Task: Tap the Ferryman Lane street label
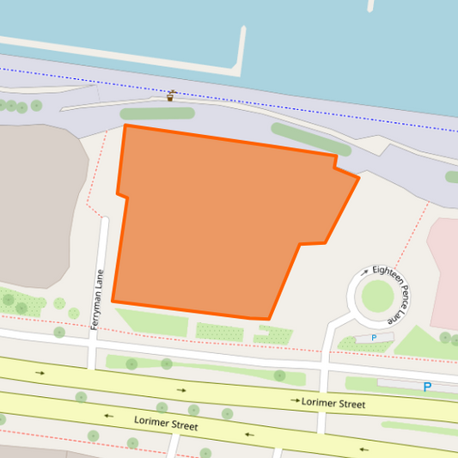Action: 97,295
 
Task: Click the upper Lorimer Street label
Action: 333,403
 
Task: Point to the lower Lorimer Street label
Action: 166,424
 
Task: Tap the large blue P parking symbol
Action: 427,388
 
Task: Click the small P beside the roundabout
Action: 374,338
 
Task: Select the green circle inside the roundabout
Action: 377,296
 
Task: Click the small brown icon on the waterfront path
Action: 171,95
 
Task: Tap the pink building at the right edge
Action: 444,271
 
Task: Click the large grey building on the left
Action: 39,206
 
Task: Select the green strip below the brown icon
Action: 157,113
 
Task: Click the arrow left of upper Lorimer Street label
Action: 296,400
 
